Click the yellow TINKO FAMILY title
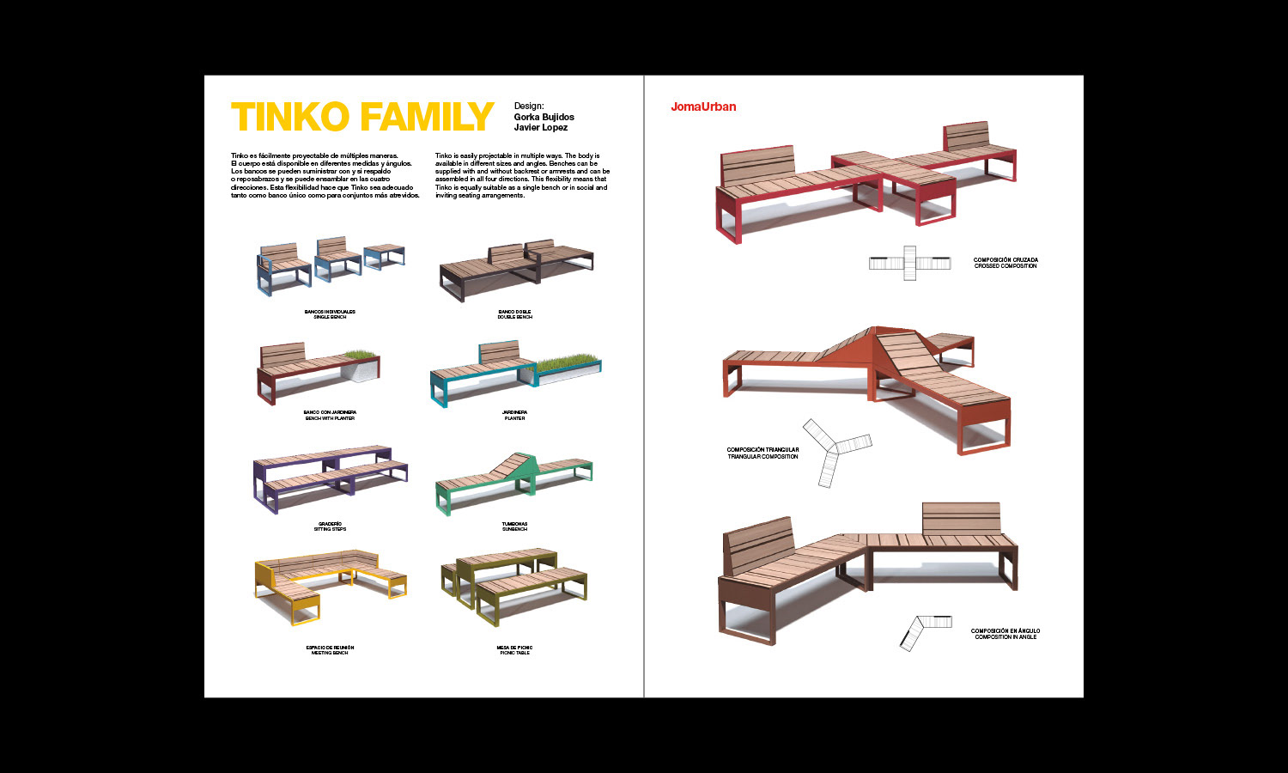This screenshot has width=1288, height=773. click(x=362, y=118)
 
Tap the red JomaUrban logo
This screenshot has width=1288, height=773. click(x=703, y=107)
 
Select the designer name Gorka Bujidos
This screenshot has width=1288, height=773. click(x=544, y=117)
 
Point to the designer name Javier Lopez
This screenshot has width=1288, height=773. click(x=540, y=127)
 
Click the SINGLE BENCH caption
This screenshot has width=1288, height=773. click(x=330, y=317)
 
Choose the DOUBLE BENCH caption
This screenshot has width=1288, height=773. click(x=514, y=317)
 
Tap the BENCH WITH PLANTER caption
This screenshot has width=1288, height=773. click(x=329, y=418)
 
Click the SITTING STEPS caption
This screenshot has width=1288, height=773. click(x=330, y=529)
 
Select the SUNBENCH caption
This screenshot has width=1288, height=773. click(x=514, y=529)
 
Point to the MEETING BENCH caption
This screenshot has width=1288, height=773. click(x=330, y=653)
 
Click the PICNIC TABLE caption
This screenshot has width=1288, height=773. click(x=514, y=653)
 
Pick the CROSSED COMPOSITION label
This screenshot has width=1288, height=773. click(x=1005, y=266)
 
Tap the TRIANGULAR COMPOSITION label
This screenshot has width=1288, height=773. click(x=762, y=457)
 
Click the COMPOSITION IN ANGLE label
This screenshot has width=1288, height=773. click(x=1005, y=637)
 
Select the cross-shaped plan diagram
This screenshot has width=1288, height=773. click(x=909, y=263)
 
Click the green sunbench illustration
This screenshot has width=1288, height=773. click(x=513, y=482)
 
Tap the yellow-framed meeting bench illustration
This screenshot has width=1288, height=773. click(x=330, y=584)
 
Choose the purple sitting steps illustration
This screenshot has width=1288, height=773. click(x=330, y=478)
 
